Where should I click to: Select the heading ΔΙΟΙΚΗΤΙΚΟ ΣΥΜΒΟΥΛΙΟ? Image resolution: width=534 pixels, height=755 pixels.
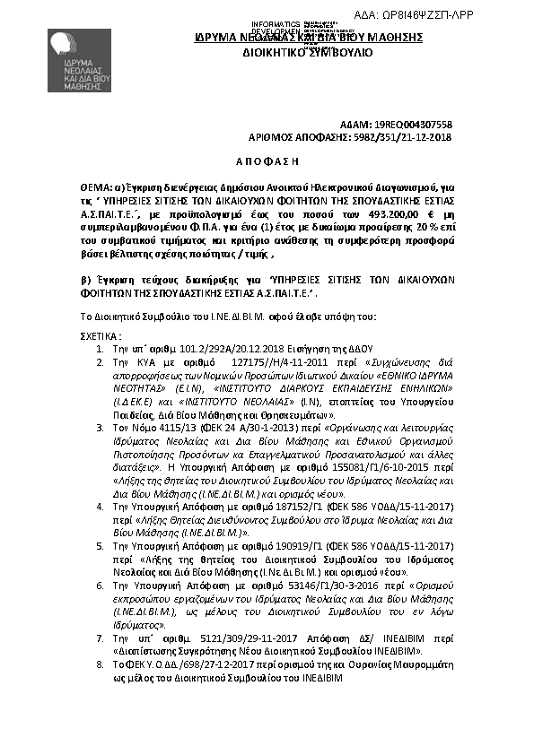click(310, 53)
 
